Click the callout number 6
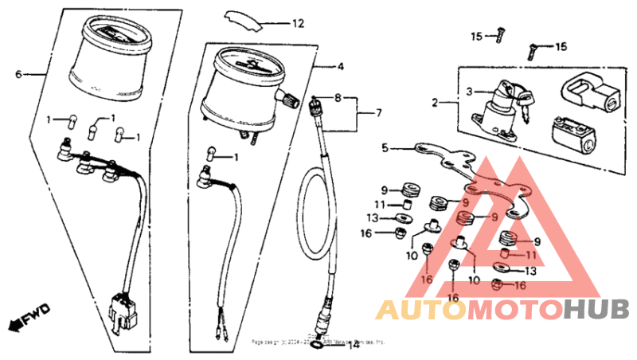coord(18,74)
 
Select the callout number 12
coord(297,24)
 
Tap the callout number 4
coord(340,66)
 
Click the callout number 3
coord(470,92)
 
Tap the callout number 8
coord(338,99)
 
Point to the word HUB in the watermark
coord(597,310)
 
